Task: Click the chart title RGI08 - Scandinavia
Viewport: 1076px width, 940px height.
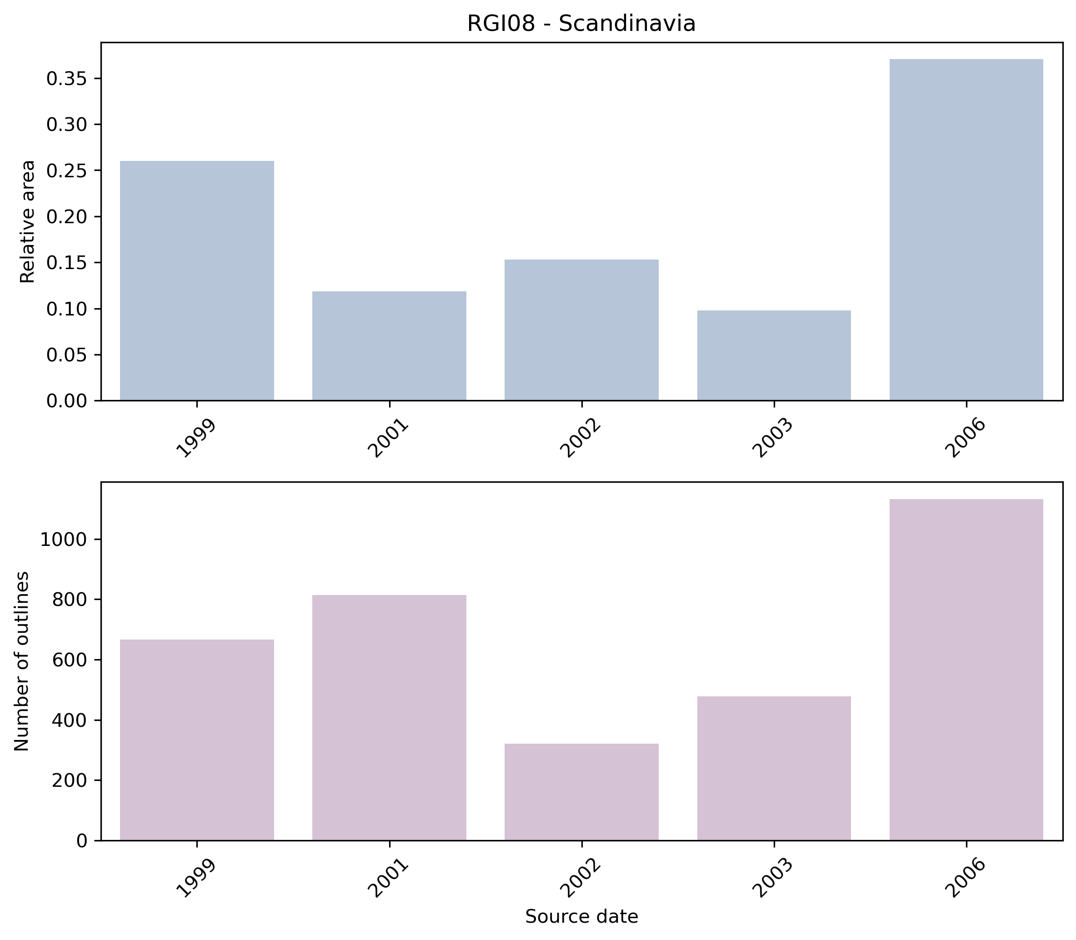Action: [x=581, y=24]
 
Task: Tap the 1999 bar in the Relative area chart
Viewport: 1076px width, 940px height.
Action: [x=197, y=280]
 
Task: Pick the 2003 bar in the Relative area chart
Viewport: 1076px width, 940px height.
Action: [x=774, y=355]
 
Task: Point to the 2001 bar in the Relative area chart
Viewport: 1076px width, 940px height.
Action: [x=389, y=346]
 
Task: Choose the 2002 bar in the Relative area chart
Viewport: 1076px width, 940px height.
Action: [x=581, y=330]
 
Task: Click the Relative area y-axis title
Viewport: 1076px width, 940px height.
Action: [x=27, y=221]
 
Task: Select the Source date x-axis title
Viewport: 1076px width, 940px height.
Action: [x=581, y=916]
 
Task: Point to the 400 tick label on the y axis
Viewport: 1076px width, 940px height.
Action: [x=69, y=720]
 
